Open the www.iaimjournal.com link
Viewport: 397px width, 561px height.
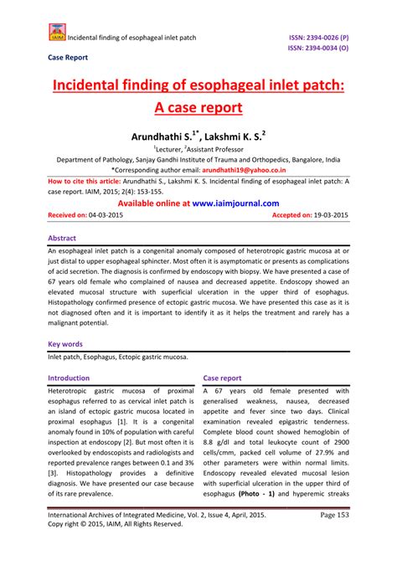[x=235, y=203]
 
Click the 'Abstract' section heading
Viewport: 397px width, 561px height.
[x=68, y=237]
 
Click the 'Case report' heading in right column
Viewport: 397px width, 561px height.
[x=222, y=378]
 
